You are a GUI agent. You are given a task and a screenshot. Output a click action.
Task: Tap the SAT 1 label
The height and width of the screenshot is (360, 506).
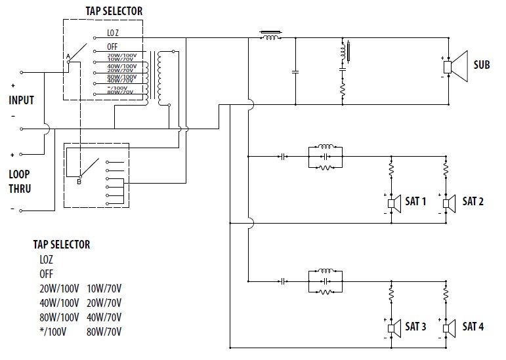(415, 201)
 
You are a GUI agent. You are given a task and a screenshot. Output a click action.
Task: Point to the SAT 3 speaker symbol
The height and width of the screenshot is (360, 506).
(393, 327)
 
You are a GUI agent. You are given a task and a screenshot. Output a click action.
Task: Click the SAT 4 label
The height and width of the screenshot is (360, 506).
(473, 326)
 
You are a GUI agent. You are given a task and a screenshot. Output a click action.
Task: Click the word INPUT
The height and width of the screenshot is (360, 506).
(21, 100)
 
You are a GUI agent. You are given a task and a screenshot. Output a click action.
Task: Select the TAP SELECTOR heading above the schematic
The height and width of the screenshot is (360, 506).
(114, 11)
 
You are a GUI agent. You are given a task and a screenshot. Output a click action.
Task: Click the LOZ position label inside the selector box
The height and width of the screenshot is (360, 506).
(112, 33)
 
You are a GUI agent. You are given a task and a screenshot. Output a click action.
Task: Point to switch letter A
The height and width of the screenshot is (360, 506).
(68, 58)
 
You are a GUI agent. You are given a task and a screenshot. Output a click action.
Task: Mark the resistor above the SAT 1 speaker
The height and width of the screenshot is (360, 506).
(391, 169)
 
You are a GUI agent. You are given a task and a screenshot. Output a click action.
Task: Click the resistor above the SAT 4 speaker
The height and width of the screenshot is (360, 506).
(447, 293)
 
